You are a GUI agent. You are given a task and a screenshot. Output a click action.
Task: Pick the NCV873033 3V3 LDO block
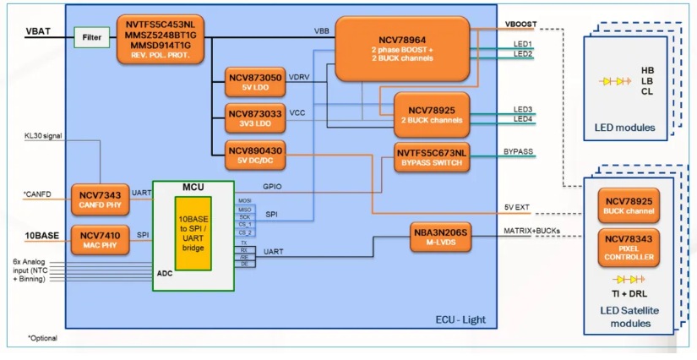[x=255, y=118]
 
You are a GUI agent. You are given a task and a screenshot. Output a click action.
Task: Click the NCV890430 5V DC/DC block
[x=255, y=154]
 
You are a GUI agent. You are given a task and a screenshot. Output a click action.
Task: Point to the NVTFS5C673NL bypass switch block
[x=431, y=156]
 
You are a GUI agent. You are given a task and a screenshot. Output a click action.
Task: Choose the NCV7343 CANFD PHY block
[x=96, y=199]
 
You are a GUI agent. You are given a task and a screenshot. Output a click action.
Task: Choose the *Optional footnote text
[x=44, y=338]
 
